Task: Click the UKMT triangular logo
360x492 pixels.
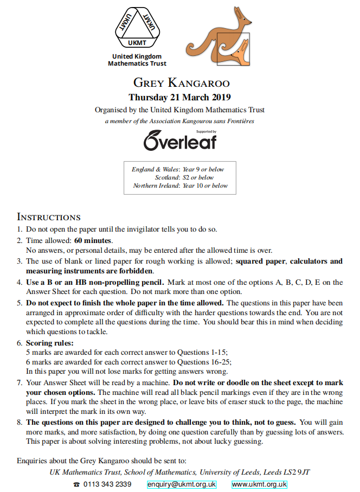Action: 137,28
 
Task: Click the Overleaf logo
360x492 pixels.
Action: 179,141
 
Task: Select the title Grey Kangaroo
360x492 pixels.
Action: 181,83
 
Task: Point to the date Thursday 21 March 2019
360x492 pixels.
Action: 179,98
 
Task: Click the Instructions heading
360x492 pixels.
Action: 49,217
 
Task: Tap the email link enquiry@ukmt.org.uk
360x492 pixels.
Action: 182,484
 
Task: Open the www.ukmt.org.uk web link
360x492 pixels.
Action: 259,484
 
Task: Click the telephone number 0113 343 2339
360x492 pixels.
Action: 107,484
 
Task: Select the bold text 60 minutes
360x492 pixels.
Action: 93,240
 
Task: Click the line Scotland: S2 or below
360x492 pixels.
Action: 184,177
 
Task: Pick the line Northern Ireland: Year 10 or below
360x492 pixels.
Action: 181,186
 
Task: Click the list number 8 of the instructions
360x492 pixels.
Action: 20,422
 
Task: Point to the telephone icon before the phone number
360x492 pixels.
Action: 76,484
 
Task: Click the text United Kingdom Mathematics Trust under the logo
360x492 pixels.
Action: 137,60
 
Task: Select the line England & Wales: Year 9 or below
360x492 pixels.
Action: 178,169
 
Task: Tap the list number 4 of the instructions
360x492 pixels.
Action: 20,282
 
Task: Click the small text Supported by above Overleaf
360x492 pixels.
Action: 207,131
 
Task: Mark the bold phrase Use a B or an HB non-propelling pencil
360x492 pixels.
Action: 95,282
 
